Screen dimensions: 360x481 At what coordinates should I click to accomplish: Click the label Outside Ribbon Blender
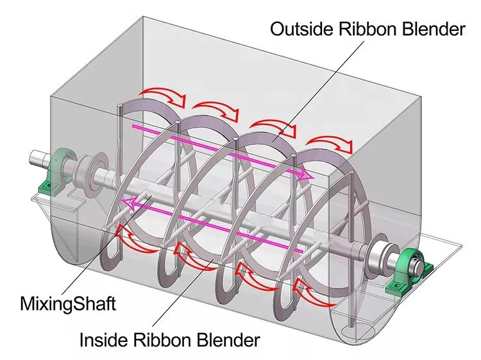click(x=366, y=29)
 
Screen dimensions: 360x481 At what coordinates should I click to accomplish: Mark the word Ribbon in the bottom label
click(x=163, y=339)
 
